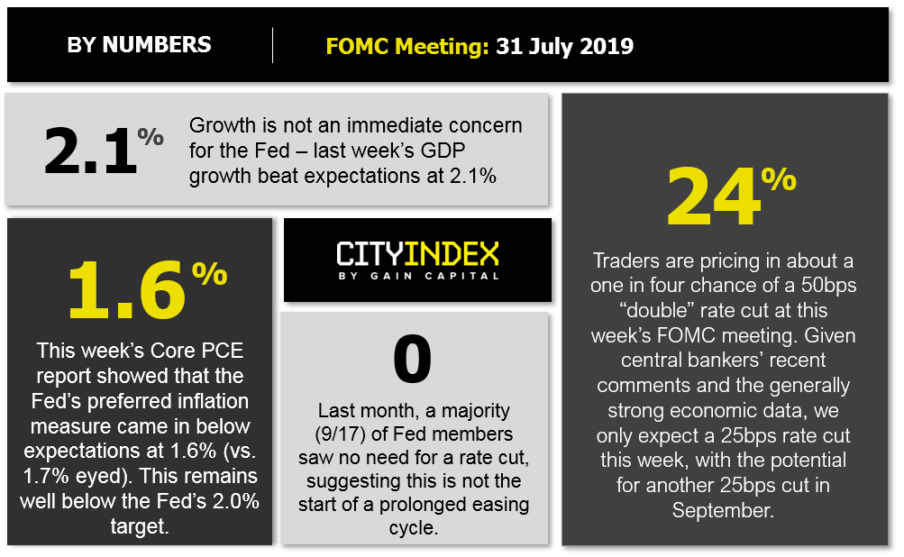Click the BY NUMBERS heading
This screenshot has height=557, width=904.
(x=139, y=45)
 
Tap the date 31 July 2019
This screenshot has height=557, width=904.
(x=564, y=46)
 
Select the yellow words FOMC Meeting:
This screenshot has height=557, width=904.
(x=407, y=46)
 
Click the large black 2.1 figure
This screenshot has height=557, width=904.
(x=90, y=151)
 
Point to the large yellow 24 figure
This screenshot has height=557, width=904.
(x=713, y=196)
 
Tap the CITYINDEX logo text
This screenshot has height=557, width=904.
(x=417, y=253)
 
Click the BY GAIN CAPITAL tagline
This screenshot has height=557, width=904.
(x=418, y=276)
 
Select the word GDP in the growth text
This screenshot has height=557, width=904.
(x=443, y=150)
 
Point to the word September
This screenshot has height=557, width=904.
(x=723, y=510)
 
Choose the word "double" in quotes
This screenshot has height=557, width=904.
(x=657, y=310)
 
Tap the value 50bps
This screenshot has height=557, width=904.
(x=828, y=286)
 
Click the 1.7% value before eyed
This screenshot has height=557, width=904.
(x=44, y=476)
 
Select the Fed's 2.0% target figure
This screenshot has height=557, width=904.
(x=236, y=501)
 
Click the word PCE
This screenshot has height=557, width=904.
(x=223, y=351)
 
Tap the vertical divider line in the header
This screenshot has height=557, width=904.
(x=273, y=45)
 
